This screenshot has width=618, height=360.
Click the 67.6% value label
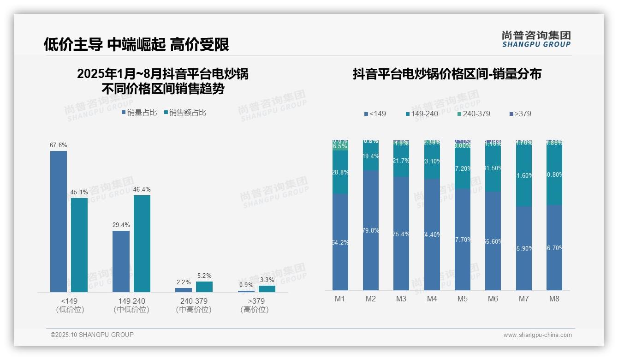click(x=59, y=145)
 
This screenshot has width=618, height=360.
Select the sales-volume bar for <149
click(x=59, y=222)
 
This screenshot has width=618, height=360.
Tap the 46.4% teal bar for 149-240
click(x=142, y=243)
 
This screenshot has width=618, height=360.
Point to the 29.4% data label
click(x=121, y=225)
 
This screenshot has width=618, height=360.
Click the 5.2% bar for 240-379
click(x=204, y=287)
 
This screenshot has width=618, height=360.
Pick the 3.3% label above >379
click(x=267, y=280)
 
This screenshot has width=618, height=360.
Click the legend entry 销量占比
click(x=139, y=112)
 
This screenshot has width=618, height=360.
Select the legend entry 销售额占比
click(x=185, y=112)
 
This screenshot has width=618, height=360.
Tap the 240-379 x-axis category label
click(x=194, y=301)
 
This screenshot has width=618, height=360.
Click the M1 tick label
click(x=340, y=299)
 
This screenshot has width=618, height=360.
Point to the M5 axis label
click(x=463, y=299)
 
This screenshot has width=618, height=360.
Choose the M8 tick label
click(x=554, y=299)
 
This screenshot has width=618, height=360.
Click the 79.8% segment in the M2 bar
click(x=371, y=230)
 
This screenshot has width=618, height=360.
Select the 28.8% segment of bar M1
click(x=340, y=172)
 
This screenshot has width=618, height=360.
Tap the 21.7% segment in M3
click(x=401, y=161)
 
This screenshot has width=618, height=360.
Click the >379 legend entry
click(x=521, y=114)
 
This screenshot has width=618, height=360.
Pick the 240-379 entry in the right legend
click(x=474, y=114)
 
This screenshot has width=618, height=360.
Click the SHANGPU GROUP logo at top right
click(x=536, y=39)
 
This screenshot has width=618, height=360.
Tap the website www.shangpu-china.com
click(x=537, y=335)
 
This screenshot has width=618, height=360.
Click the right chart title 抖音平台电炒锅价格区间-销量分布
click(x=447, y=74)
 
